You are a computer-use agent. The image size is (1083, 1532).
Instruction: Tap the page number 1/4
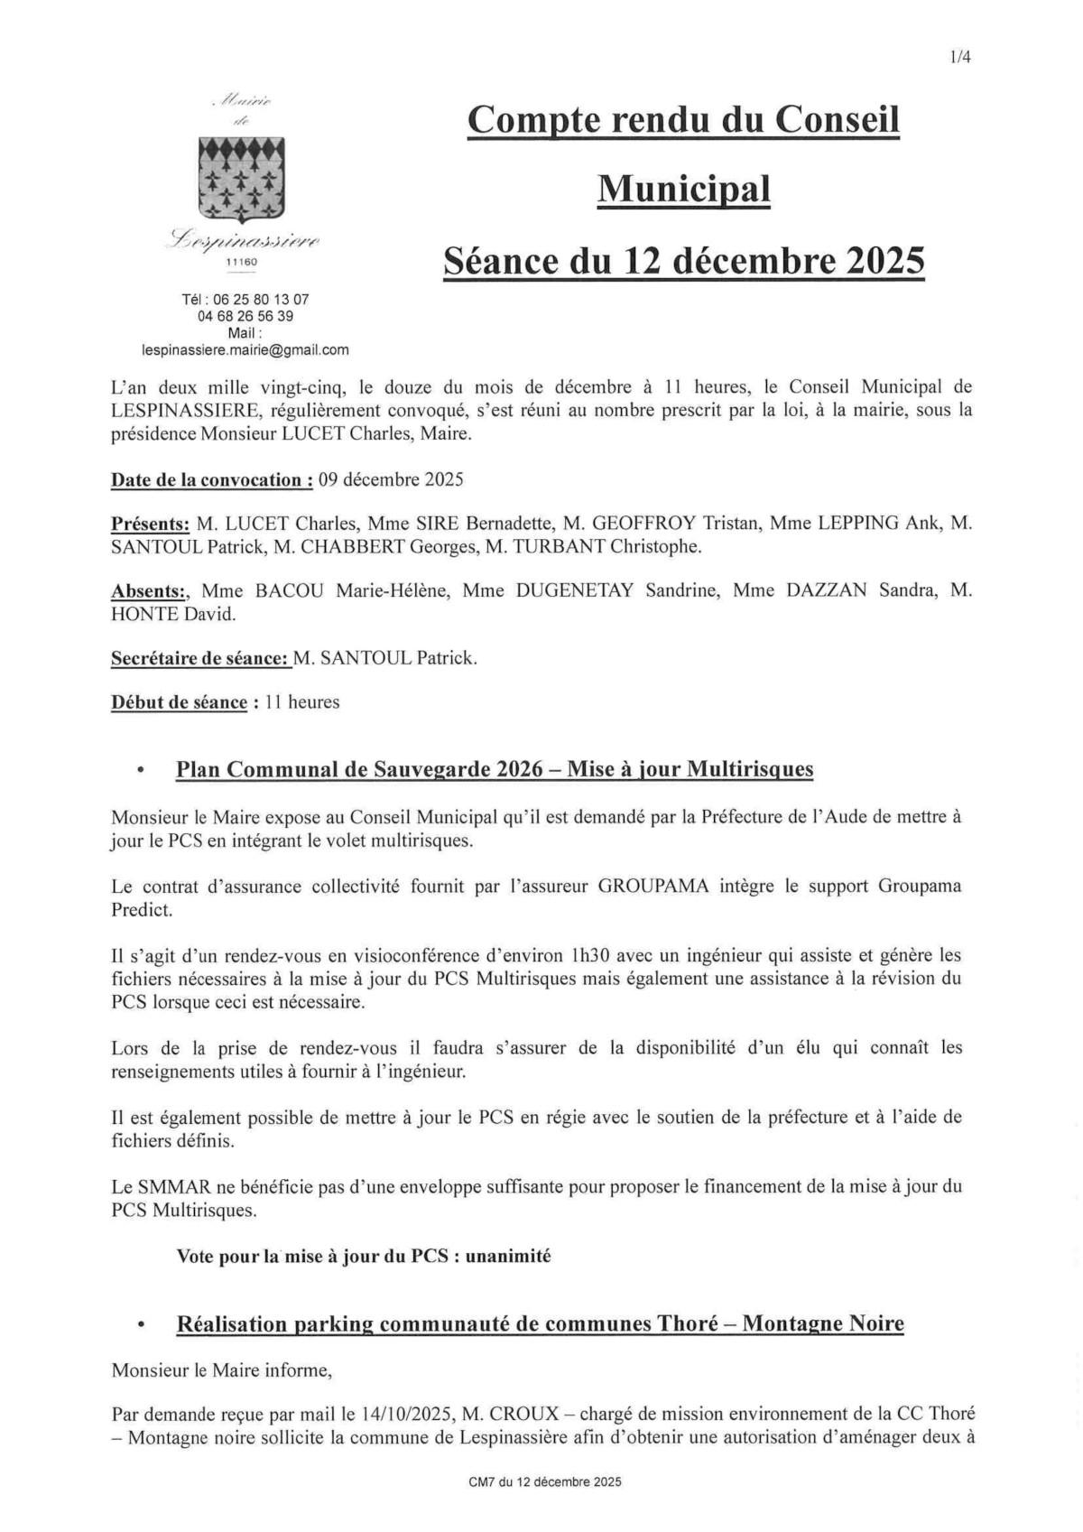tap(959, 58)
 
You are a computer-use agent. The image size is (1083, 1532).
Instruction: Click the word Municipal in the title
tap(684, 190)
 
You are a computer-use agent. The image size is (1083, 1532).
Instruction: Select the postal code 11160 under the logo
tap(241, 262)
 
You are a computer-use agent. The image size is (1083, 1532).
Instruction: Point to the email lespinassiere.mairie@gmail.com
tap(245, 350)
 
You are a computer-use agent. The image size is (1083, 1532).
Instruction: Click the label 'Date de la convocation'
tap(211, 479)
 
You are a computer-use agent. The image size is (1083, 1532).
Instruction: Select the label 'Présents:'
tap(150, 523)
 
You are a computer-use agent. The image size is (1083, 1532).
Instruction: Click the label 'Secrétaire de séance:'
tap(200, 658)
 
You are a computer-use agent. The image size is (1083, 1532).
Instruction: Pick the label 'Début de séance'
tap(179, 702)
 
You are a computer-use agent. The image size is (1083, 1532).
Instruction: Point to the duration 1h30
tap(592, 954)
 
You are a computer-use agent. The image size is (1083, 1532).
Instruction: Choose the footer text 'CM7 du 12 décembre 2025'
tap(545, 1481)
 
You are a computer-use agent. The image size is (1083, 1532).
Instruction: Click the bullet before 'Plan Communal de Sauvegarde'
tap(141, 770)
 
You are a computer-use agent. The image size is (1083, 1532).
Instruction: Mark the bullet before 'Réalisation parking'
tap(141, 1324)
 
